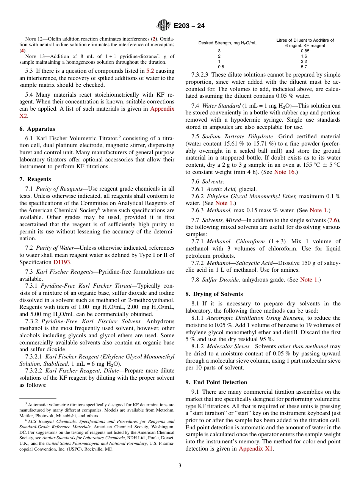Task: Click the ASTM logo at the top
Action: click(164, 25)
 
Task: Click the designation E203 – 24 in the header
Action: click(189, 26)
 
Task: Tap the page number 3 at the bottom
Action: click(180, 465)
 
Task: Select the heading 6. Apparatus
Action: click(37, 129)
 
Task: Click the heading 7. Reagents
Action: click(35, 179)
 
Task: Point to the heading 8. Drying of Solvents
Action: click(214, 294)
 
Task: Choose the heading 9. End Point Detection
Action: click(216, 382)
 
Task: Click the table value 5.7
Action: click(304, 67)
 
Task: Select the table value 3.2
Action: click(304, 61)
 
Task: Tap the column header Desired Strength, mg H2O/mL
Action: click(227, 43)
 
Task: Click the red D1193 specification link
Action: click(62, 262)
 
